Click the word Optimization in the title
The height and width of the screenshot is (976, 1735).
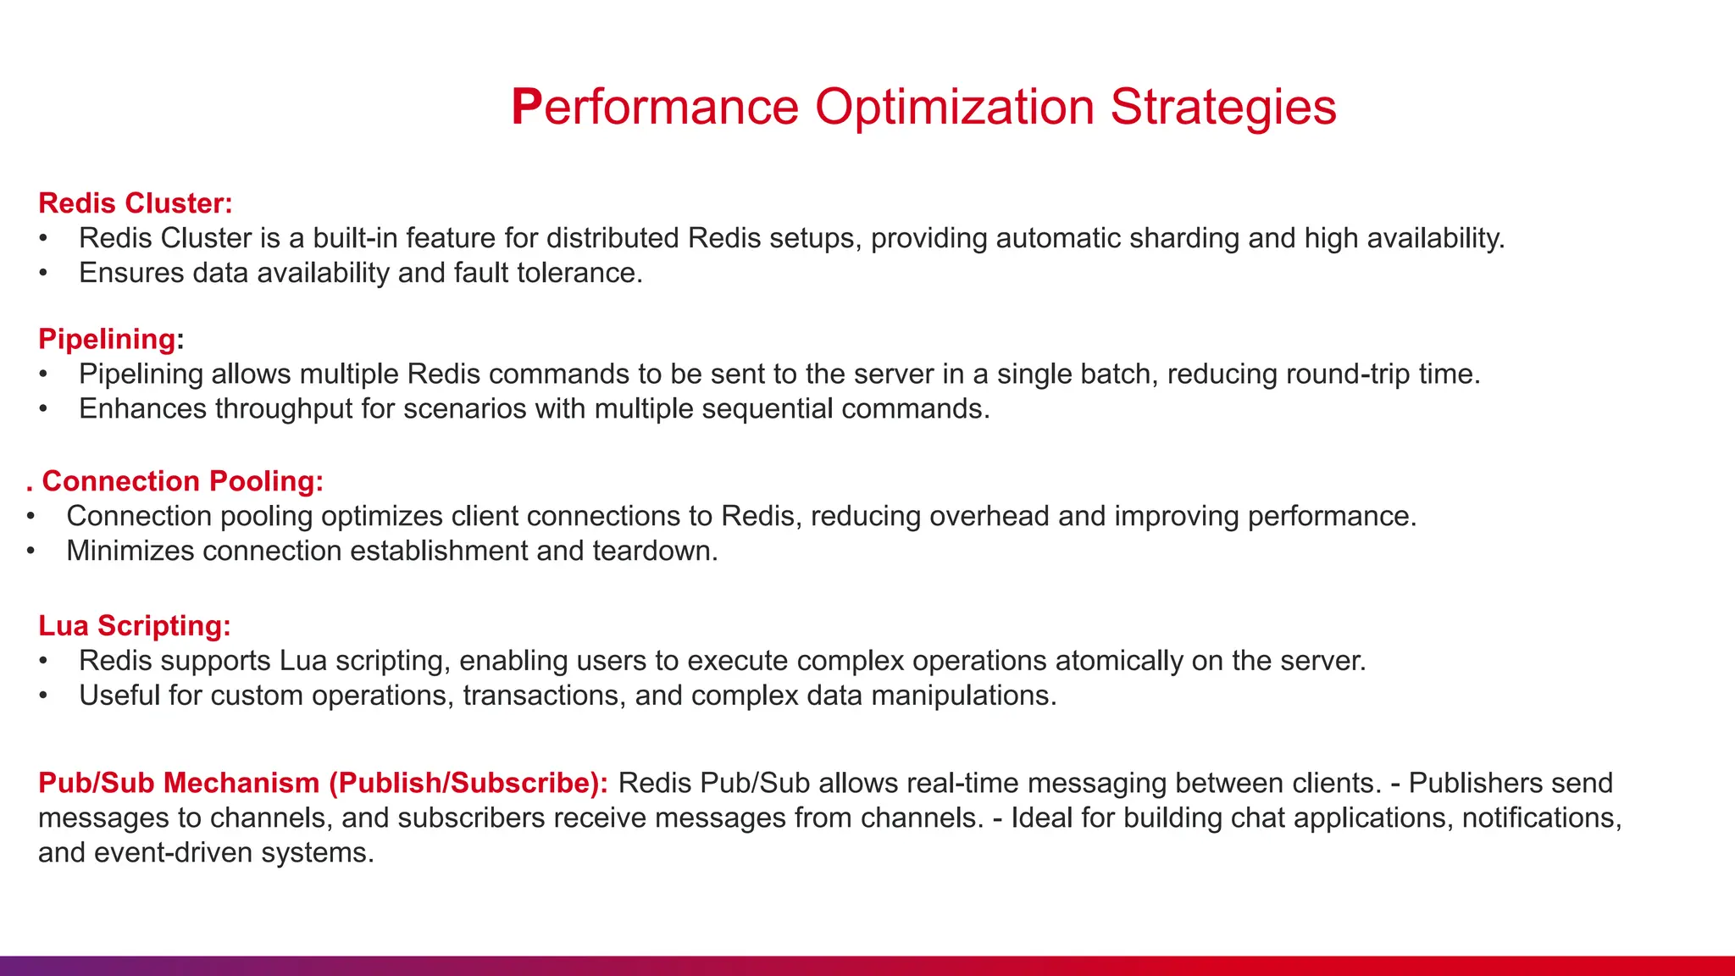[x=955, y=108]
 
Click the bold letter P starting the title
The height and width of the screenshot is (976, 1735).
[x=525, y=108]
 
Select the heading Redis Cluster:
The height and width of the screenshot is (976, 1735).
[x=136, y=203]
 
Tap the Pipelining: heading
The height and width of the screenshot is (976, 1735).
[x=111, y=339]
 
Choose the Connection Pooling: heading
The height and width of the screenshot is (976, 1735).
[x=182, y=481]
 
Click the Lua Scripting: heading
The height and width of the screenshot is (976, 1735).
[x=135, y=625]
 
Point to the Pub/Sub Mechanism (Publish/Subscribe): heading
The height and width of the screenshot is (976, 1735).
[x=323, y=783]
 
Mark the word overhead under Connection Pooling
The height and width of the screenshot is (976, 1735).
[x=989, y=516]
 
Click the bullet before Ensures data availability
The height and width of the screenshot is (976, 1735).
[x=43, y=273]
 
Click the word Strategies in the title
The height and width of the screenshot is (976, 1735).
[x=1222, y=108]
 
